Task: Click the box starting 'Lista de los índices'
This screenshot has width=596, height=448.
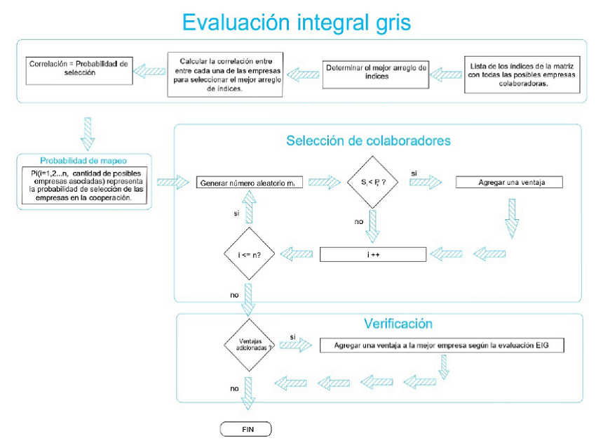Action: pos(523,73)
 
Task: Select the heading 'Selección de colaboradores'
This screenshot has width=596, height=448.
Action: pos(368,140)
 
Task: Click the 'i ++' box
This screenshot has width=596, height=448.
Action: pos(373,253)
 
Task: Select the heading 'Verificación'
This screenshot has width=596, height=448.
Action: pos(398,324)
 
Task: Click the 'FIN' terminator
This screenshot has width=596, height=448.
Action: pos(245,428)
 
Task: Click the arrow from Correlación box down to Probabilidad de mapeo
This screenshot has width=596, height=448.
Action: pos(88,133)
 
